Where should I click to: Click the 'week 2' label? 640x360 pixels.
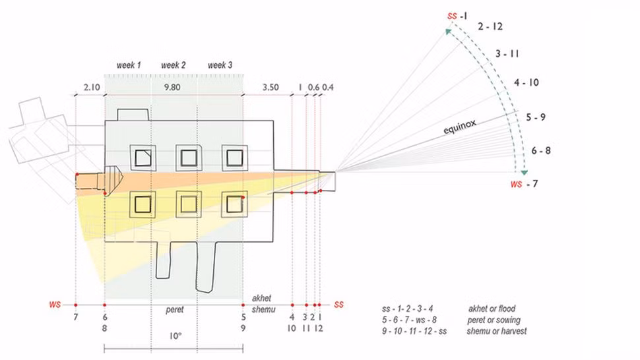pyautogui.click(x=173, y=65)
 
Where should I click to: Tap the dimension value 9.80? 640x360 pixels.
pyautogui.click(x=172, y=87)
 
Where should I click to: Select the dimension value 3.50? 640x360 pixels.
pyautogui.click(x=271, y=87)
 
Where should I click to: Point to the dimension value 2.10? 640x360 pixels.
pyautogui.click(x=92, y=87)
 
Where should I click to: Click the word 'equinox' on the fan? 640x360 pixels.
pyautogui.click(x=460, y=127)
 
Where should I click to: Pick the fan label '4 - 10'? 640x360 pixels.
pyautogui.click(x=527, y=82)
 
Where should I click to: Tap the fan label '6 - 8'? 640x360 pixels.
pyautogui.click(x=541, y=151)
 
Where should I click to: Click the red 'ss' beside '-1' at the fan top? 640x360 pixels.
pyautogui.click(x=452, y=16)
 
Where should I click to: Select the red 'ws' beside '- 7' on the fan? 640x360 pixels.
pyautogui.click(x=517, y=184)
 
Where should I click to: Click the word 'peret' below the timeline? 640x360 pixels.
pyautogui.click(x=175, y=310)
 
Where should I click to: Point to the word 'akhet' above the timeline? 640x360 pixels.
pyautogui.click(x=261, y=298)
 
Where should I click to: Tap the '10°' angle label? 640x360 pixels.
pyautogui.click(x=176, y=336)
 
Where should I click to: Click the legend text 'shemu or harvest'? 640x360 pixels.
pyautogui.click(x=497, y=331)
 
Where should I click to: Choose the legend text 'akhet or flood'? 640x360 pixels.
pyautogui.click(x=492, y=309)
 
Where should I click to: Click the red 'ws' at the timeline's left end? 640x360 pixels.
pyautogui.click(x=55, y=305)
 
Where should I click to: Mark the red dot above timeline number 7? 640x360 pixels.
pyautogui.click(x=76, y=305)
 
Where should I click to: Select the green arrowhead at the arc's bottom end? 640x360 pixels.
pyautogui.click(x=524, y=173)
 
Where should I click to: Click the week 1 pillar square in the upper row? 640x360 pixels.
pyautogui.click(x=143, y=158)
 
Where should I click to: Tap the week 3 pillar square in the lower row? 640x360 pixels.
pyautogui.click(x=235, y=204)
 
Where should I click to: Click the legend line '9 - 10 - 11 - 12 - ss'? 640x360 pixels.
pyautogui.click(x=414, y=331)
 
